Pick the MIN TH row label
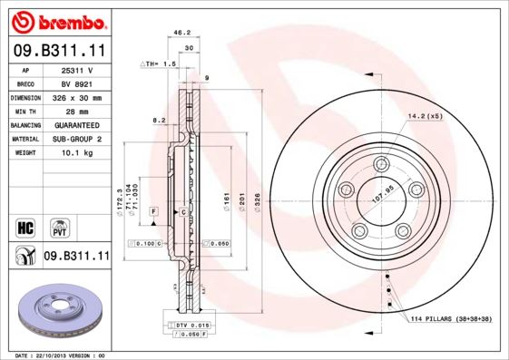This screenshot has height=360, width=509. pyautogui.click(x=26, y=111)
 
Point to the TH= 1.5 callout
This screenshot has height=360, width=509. pyautogui.click(x=157, y=65)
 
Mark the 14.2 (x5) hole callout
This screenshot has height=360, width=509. pyautogui.click(x=424, y=116)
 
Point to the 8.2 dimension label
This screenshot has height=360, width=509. pyautogui.click(x=158, y=120)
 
